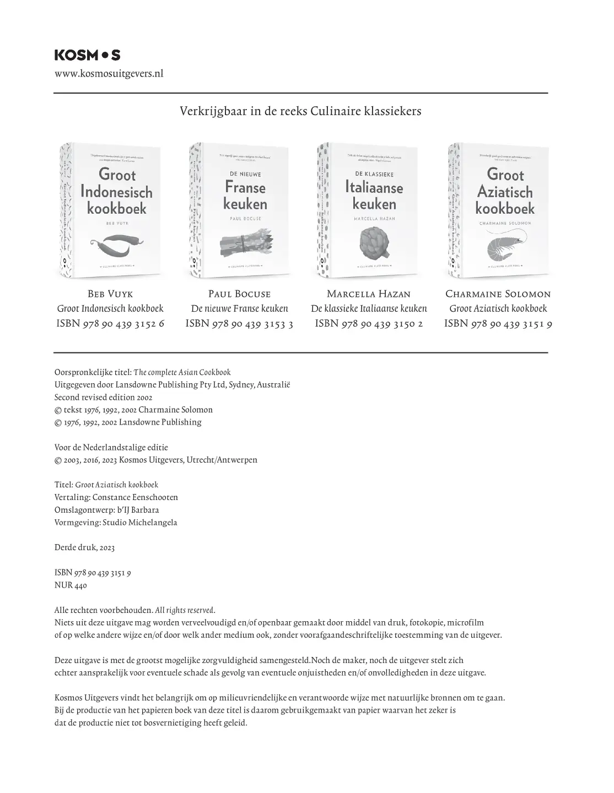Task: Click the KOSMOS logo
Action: pos(87,55)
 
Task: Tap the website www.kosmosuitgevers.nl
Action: pos(109,74)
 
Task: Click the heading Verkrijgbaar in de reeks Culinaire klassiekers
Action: pos(300,111)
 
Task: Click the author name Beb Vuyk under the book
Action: pos(110,294)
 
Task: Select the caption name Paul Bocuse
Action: pos(239,294)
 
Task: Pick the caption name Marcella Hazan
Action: pos(369,294)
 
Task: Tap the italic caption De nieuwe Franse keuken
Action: pos(239,309)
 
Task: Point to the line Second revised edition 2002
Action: pos(104,397)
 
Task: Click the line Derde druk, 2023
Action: pos(84,547)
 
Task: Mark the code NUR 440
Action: pos(71,585)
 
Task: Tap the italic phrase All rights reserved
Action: pos(185,610)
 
